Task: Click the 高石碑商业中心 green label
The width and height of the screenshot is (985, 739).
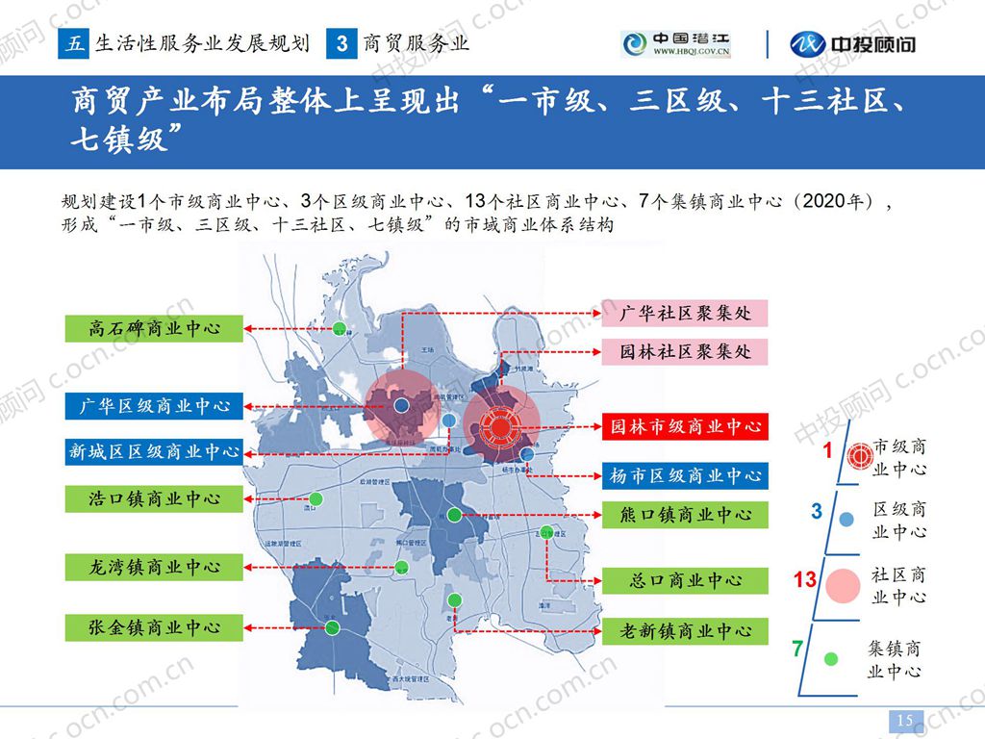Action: click(154, 328)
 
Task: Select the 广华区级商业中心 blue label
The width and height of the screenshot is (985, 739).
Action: click(154, 406)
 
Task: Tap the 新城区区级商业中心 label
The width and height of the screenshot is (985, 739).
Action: click(154, 451)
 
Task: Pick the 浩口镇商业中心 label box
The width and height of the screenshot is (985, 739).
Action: click(154, 498)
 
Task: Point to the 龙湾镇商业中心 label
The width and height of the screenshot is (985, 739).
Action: click(154, 567)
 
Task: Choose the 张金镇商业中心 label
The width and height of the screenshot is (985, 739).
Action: click(154, 627)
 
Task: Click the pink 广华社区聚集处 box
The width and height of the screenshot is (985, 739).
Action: click(686, 314)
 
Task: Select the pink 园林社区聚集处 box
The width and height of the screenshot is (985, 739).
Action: click(686, 352)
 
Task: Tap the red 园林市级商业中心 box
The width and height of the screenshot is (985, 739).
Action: click(686, 426)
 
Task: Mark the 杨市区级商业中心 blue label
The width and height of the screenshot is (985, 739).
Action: click(686, 475)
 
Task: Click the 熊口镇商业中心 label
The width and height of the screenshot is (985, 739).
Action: click(686, 515)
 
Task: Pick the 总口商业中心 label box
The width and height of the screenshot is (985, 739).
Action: click(686, 581)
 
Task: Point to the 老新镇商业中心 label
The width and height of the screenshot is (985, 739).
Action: click(686, 631)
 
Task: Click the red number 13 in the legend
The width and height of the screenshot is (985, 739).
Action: click(805, 580)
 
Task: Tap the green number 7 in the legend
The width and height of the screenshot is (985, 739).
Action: click(797, 649)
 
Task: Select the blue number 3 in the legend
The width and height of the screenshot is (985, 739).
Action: click(817, 511)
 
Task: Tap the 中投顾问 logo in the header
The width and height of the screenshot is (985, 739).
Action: click(852, 44)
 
